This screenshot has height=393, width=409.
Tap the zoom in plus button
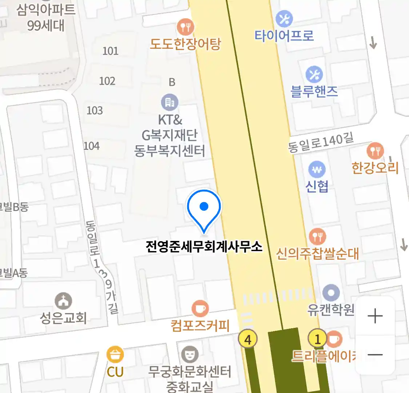tap(375, 316)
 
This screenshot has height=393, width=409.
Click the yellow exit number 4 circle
tap(248, 339)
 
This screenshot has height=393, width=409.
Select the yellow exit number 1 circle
tap(317, 339)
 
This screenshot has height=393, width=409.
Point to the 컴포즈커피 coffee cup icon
tap(200, 309)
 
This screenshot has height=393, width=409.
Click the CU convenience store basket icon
tap(115, 354)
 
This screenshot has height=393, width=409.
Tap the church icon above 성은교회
tap(63, 301)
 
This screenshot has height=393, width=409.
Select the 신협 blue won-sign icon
tap(317, 170)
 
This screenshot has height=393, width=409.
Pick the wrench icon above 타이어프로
tap(284, 19)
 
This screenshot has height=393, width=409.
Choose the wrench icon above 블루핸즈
tap(314, 75)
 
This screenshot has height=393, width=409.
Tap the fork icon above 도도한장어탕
tap(185, 27)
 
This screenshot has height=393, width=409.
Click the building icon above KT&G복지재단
tap(170, 103)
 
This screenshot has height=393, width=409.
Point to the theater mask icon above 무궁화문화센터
tap(189, 354)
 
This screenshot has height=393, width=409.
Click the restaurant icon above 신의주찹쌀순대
tap(317, 237)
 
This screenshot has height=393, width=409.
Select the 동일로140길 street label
tap(321, 142)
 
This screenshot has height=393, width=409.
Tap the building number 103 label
tap(95, 110)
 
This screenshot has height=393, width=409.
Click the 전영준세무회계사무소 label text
tap(204, 247)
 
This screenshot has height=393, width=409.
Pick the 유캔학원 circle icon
tap(331, 293)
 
